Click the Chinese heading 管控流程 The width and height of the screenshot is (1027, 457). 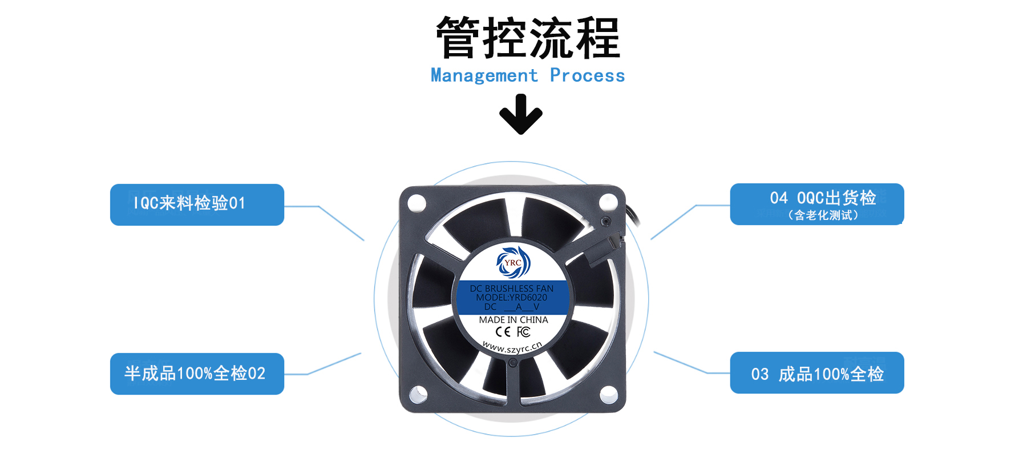point(528,38)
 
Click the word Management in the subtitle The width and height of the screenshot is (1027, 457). point(484,75)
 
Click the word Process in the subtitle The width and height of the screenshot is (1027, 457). point(587,75)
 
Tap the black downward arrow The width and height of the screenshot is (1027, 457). point(520,115)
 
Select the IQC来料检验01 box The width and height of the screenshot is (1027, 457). point(197,205)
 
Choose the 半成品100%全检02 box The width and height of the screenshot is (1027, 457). point(197,374)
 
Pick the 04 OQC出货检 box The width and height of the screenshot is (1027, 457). point(816,204)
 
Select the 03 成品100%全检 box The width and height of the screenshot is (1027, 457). point(816,373)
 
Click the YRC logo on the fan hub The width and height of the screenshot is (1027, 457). point(513,263)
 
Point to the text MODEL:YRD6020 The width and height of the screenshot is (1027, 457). point(512,298)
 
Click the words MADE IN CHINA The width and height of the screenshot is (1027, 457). point(513,320)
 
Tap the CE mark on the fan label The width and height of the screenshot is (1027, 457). point(503,332)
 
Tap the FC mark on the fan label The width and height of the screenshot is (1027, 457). point(524,332)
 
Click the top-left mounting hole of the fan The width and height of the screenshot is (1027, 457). point(417,202)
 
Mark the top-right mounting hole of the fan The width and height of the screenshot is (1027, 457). point(608,202)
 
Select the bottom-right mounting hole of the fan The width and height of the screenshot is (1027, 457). point(608,392)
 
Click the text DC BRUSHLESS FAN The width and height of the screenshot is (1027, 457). point(512,288)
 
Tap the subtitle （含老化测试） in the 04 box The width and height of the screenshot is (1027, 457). point(823,215)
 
